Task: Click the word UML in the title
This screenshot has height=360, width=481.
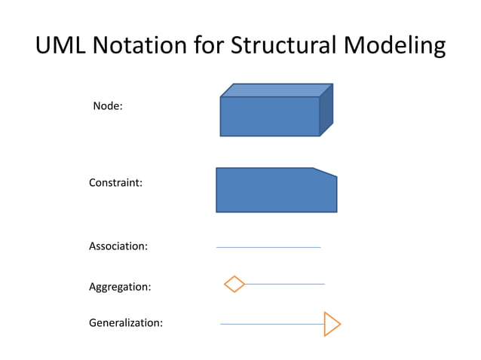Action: tap(62, 47)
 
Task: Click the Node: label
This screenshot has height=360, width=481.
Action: tap(108, 106)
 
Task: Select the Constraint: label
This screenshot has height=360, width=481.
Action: tap(116, 183)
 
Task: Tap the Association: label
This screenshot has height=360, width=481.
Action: tap(118, 246)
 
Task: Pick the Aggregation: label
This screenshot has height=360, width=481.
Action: tap(120, 287)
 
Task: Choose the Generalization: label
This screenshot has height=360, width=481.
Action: tap(126, 323)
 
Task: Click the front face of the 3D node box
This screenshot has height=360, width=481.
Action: tap(269, 117)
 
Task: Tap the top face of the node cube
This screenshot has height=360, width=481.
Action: tap(276, 90)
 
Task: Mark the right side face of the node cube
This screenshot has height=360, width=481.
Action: tap(326, 110)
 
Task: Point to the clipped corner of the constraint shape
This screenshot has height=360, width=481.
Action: tap(326, 172)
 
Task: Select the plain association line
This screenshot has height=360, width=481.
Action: tap(268, 247)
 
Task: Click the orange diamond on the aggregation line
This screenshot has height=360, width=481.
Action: tap(234, 284)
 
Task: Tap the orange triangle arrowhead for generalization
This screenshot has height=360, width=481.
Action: tap(331, 324)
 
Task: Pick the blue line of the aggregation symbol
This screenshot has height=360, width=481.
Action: tap(284, 284)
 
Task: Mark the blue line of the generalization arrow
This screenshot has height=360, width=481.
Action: tap(271, 324)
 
